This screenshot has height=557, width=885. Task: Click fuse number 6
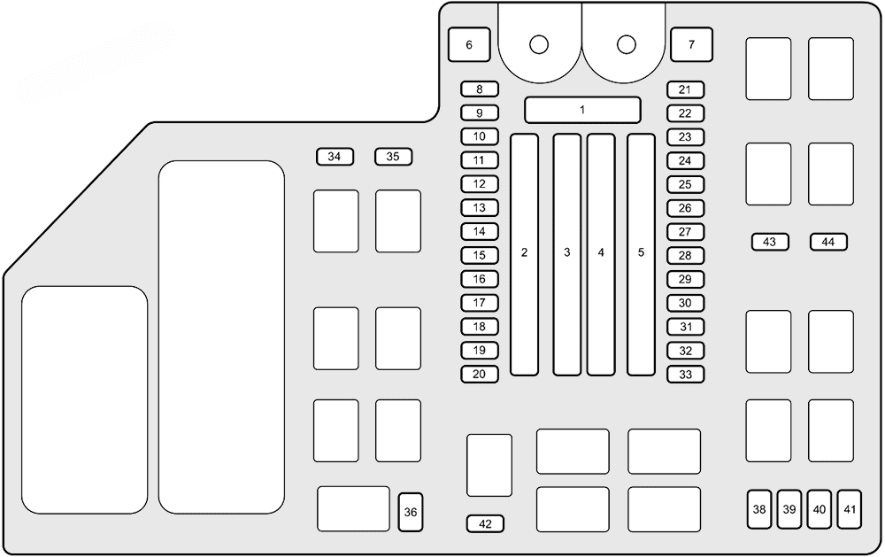pos(469,44)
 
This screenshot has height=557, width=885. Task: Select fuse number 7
pos(692,44)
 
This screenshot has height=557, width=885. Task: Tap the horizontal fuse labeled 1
pos(582,110)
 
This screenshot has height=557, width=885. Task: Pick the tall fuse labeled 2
pos(524,254)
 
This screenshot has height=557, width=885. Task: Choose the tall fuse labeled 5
pos(641,254)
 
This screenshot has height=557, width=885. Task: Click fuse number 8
pos(480,89)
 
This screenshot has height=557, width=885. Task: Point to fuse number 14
pos(480,232)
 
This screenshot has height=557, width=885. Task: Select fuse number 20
pos(480,374)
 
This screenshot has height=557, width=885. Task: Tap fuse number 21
pos(686,89)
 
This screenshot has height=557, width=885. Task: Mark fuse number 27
pos(686,232)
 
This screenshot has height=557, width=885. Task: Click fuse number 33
pos(686,374)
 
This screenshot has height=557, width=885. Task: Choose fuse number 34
pos(335,157)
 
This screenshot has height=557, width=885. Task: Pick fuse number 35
pos(394,157)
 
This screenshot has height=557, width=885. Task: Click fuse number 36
pos(411,512)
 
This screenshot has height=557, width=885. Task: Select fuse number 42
pos(485,523)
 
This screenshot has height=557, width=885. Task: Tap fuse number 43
pos(770,242)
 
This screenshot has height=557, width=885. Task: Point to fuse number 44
pos(828,242)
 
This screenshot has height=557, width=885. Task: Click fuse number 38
pos(759,509)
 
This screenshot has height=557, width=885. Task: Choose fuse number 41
pos(850,509)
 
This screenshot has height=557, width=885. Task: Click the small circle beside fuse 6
pos(539,44)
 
